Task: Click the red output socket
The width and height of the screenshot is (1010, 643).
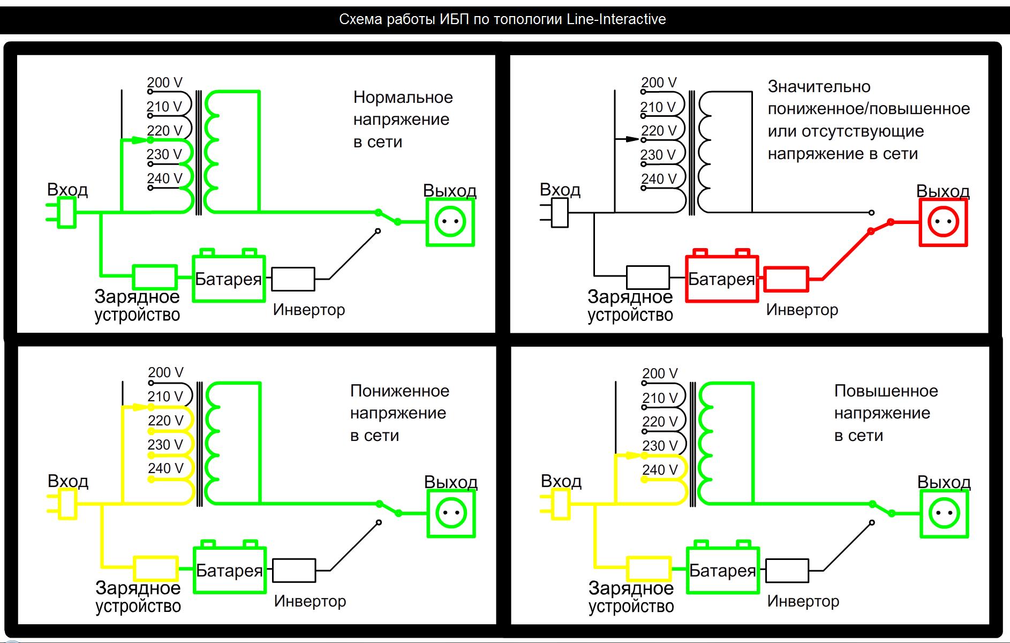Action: pyautogui.click(x=943, y=222)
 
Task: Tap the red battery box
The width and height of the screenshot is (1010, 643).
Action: pyautogui.click(x=722, y=275)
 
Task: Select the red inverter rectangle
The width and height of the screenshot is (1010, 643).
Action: pyautogui.click(x=786, y=279)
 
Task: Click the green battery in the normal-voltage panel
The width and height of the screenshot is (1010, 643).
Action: pyautogui.click(x=229, y=275)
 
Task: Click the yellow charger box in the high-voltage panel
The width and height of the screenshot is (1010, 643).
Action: pyautogui.click(x=648, y=569)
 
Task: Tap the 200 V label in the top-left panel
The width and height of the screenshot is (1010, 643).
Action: pyautogui.click(x=164, y=83)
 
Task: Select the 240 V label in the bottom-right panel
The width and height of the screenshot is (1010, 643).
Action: pyautogui.click(x=660, y=470)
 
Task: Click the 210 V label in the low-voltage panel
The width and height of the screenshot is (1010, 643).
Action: pyautogui.click(x=165, y=397)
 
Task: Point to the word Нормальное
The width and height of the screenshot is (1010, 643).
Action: pyautogui.click(x=403, y=98)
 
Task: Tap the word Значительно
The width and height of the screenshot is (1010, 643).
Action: pyautogui.click(x=819, y=87)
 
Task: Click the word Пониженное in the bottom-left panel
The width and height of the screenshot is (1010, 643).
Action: pyautogui.click(x=400, y=391)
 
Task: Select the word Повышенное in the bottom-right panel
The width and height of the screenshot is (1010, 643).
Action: pyautogui.click(x=886, y=391)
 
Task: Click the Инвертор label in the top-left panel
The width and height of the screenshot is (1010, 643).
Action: pyautogui.click(x=309, y=310)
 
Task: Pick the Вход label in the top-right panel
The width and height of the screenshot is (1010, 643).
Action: pyautogui.click(x=560, y=190)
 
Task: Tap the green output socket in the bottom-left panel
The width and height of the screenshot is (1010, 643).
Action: pyautogui.click(x=451, y=513)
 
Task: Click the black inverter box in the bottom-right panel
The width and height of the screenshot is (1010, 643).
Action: pyautogui.click(x=787, y=570)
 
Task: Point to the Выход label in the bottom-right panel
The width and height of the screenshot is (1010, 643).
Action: pyautogui.click(x=944, y=482)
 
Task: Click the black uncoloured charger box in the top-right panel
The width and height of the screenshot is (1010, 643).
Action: pyautogui.click(x=647, y=277)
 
